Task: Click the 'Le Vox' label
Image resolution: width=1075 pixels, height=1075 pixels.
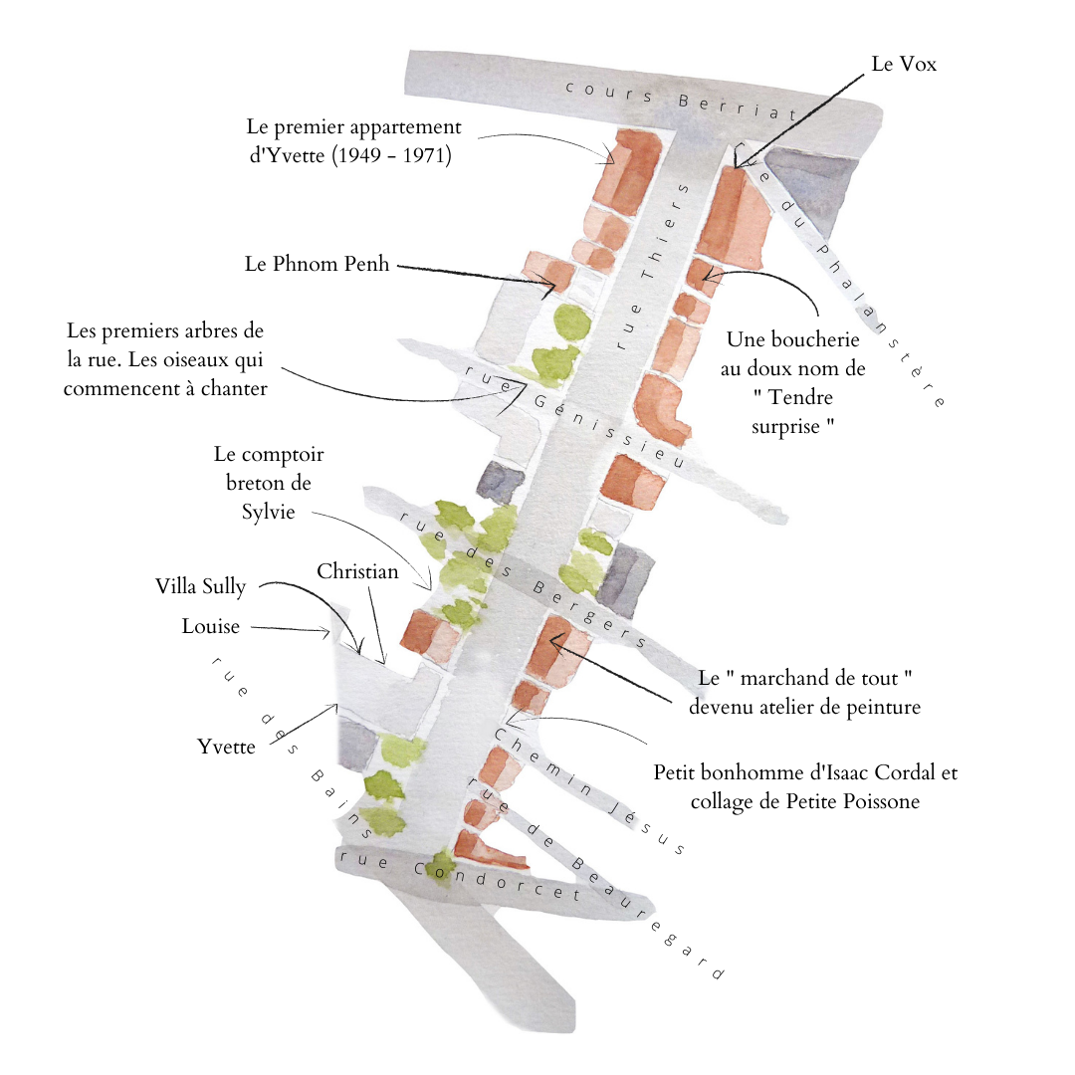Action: pyautogui.click(x=904, y=65)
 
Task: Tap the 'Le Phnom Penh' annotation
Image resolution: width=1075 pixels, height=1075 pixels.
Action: pyautogui.click(x=318, y=265)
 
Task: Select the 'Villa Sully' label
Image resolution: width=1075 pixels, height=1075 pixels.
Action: pyautogui.click(x=200, y=586)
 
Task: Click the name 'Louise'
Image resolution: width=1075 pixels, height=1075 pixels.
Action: pyautogui.click(x=211, y=626)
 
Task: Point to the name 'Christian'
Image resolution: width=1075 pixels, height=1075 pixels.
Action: pyautogui.click(x=357, y=571)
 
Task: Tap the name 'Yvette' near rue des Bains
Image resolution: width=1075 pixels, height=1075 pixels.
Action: pyautogui.click(x=226, y=747)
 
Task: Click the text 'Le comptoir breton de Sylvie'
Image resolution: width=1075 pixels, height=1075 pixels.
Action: pyautogui.click(x=269, y=483)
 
